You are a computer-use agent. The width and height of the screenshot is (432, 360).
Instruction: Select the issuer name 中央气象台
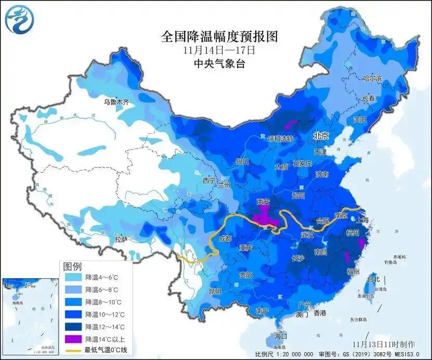click(219, 64)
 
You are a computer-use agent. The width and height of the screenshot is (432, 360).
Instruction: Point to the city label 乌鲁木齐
click(115, 102)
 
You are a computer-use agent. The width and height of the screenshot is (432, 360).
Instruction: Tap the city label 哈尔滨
click(372, 79)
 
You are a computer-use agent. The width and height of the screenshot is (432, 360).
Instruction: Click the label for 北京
click(321, 135)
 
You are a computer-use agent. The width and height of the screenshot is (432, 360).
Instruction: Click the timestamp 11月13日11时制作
click(384, 344)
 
